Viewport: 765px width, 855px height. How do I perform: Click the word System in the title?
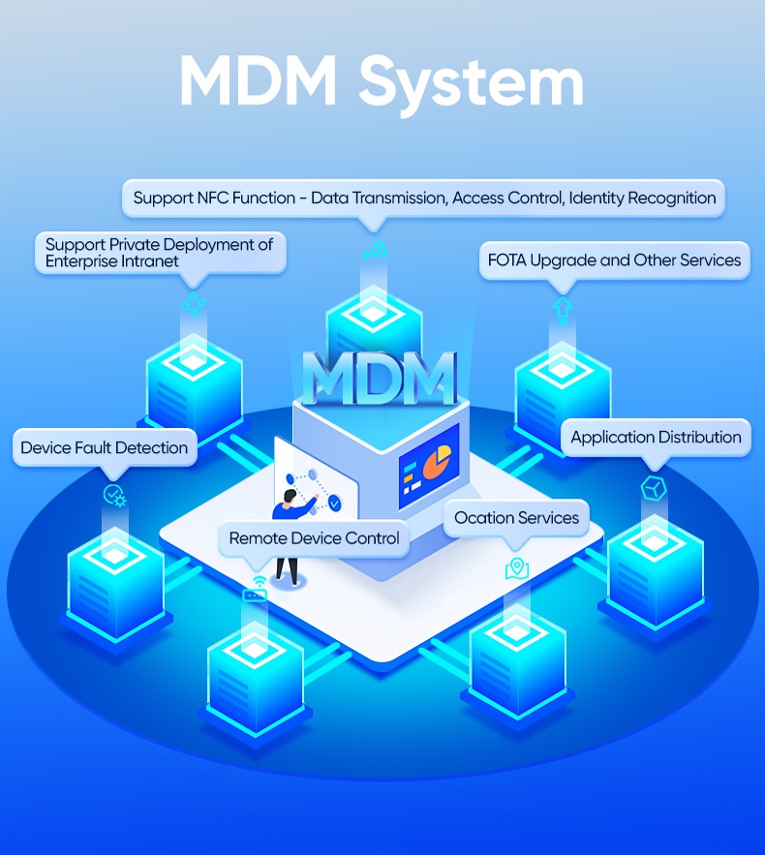474,82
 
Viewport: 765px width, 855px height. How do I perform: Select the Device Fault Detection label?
105,447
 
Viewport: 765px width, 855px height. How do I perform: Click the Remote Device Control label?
314,538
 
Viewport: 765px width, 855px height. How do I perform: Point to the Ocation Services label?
516,518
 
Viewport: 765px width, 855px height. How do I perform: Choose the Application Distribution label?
656,438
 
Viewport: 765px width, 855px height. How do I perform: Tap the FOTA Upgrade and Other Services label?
614,260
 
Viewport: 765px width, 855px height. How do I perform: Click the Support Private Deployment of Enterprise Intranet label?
159,253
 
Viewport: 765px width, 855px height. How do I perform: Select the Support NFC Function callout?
424,198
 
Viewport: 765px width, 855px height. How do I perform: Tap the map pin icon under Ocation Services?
517,568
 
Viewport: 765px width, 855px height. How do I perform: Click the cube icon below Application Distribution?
654,487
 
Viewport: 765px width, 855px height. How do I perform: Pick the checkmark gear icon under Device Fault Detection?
114,496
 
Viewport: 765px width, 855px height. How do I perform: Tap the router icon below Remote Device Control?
256,590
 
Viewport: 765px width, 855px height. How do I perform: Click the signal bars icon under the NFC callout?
374,248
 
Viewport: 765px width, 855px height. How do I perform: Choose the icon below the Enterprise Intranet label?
194,304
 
